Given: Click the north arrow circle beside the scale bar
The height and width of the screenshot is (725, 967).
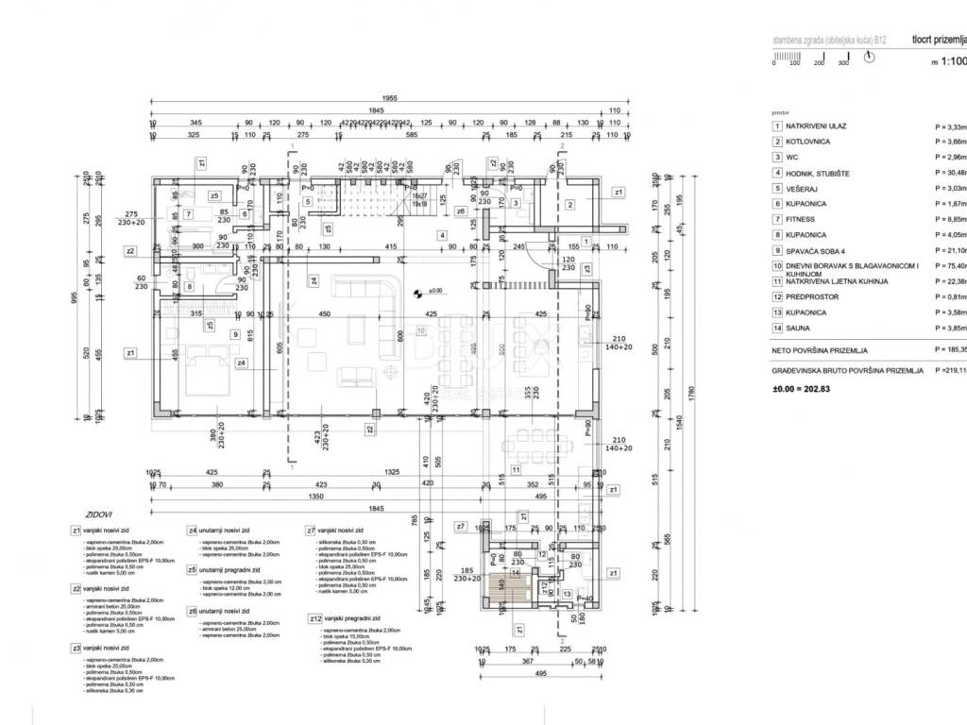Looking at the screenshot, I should [x=870, y=57].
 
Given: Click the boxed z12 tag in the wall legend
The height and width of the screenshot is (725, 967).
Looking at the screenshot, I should [x=314, y=618].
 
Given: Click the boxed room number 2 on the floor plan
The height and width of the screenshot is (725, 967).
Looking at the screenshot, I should [x=569, y=204].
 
